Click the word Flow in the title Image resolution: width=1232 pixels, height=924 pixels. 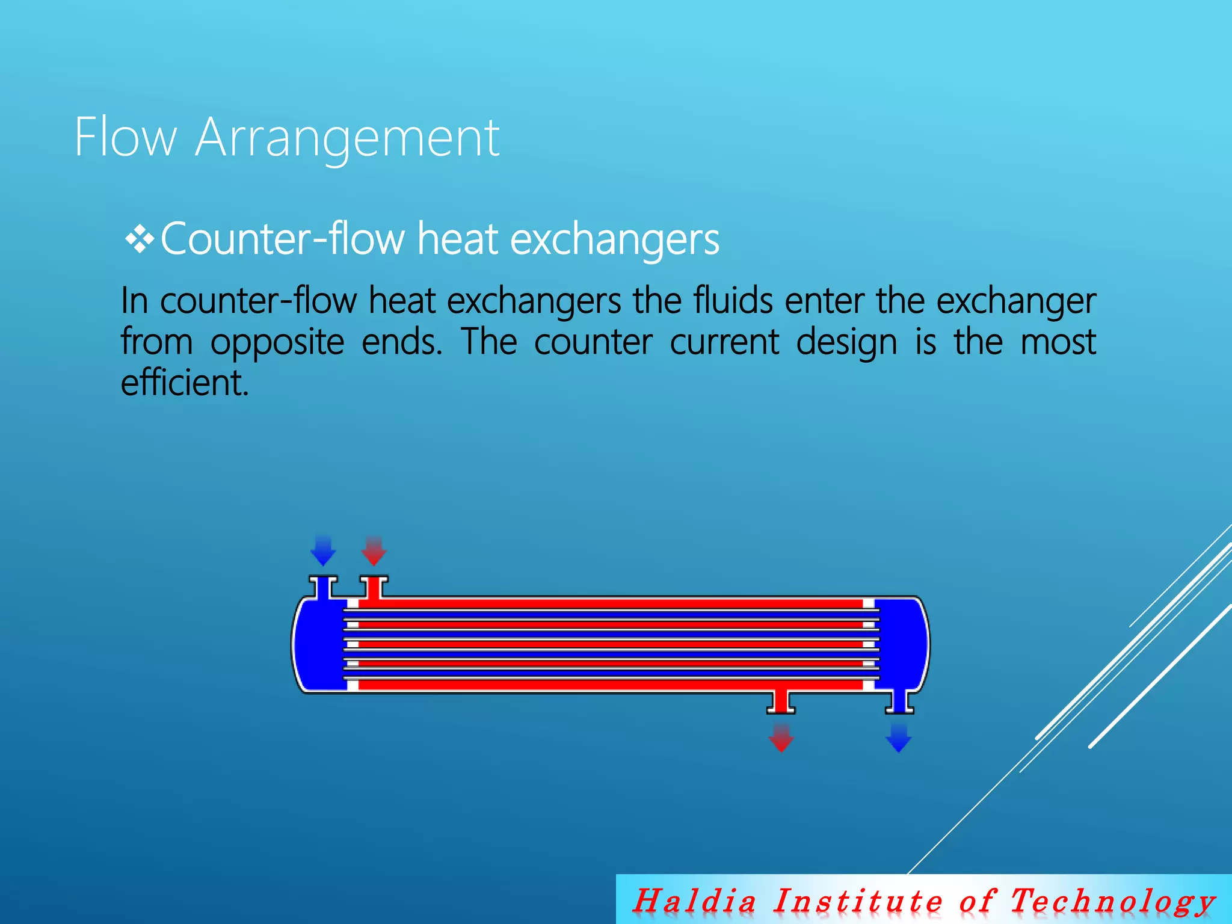(x=125, y=138)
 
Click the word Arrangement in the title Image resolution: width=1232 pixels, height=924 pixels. (x=347, y=140)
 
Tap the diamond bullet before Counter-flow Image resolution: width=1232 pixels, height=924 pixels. (x=140, y=240)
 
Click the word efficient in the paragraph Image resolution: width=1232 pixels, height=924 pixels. (x=183, y=383)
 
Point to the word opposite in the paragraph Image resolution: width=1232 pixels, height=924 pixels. (x=277, y=343)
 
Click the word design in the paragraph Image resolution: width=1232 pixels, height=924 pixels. (x=846, y=343)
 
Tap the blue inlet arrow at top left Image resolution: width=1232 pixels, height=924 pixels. (x=323, y=550)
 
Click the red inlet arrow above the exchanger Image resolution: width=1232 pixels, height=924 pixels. (x=374, y=550)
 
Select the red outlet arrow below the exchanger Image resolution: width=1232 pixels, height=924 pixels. (x=781, y=738)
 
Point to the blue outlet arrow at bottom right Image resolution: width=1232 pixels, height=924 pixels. (x=899, y=738)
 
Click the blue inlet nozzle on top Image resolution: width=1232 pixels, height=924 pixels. (x=323, y=587)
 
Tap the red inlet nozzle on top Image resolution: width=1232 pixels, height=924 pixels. (x=374, y=587)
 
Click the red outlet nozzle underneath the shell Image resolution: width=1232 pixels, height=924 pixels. (x=781, y=702)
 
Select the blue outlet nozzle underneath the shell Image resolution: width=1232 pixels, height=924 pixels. (x=899, y=702)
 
